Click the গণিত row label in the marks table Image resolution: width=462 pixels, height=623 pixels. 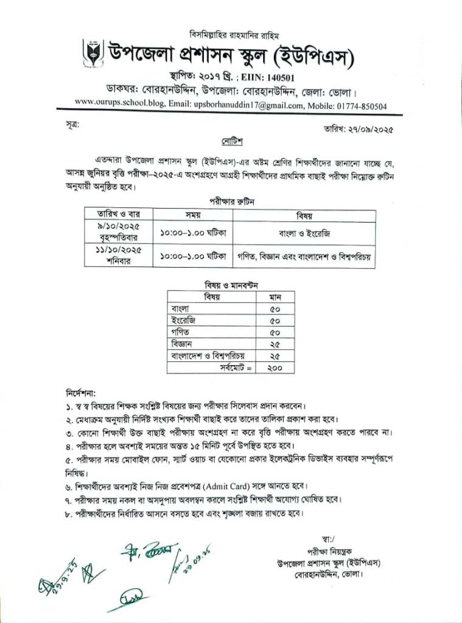pyautogui.click(x=181, y=332)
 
